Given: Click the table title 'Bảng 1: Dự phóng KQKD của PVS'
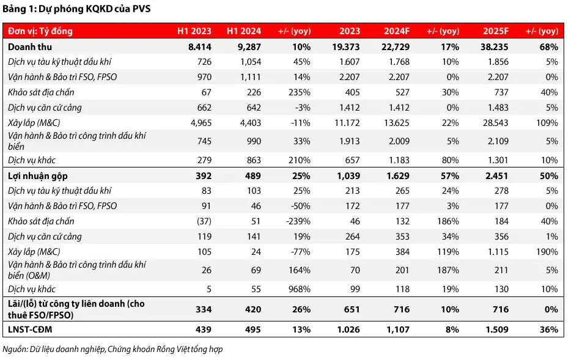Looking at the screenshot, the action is [x=76, y=9].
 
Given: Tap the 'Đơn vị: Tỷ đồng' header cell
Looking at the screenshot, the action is [x=40, y=31].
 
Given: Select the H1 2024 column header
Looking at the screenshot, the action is [x=244, y=31].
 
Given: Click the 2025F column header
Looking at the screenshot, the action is [x=496, y=31].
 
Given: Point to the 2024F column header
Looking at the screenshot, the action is [x=397, y=31].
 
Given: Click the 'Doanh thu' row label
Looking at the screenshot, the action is [x=30, y=47].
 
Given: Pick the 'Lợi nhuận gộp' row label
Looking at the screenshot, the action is [x=38, y=176].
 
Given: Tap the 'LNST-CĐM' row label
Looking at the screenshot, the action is [x=30, y=329].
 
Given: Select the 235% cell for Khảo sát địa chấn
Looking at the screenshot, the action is [x=300, y=92].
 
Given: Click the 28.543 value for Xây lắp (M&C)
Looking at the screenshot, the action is [x=496, y=123].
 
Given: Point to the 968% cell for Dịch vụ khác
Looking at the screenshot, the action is [x=300, y=289].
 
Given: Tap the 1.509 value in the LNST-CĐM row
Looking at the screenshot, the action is [x=497, y=329].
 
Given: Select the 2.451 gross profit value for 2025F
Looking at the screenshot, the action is [x=497, y=176].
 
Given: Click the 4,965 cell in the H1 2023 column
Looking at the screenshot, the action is [x=201, y=123].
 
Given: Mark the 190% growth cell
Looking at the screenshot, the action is [x=547, y=252].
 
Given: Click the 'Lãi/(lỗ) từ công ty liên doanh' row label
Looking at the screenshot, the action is [x=76, y=309].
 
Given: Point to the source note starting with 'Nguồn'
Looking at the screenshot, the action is [x=112, y=350].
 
